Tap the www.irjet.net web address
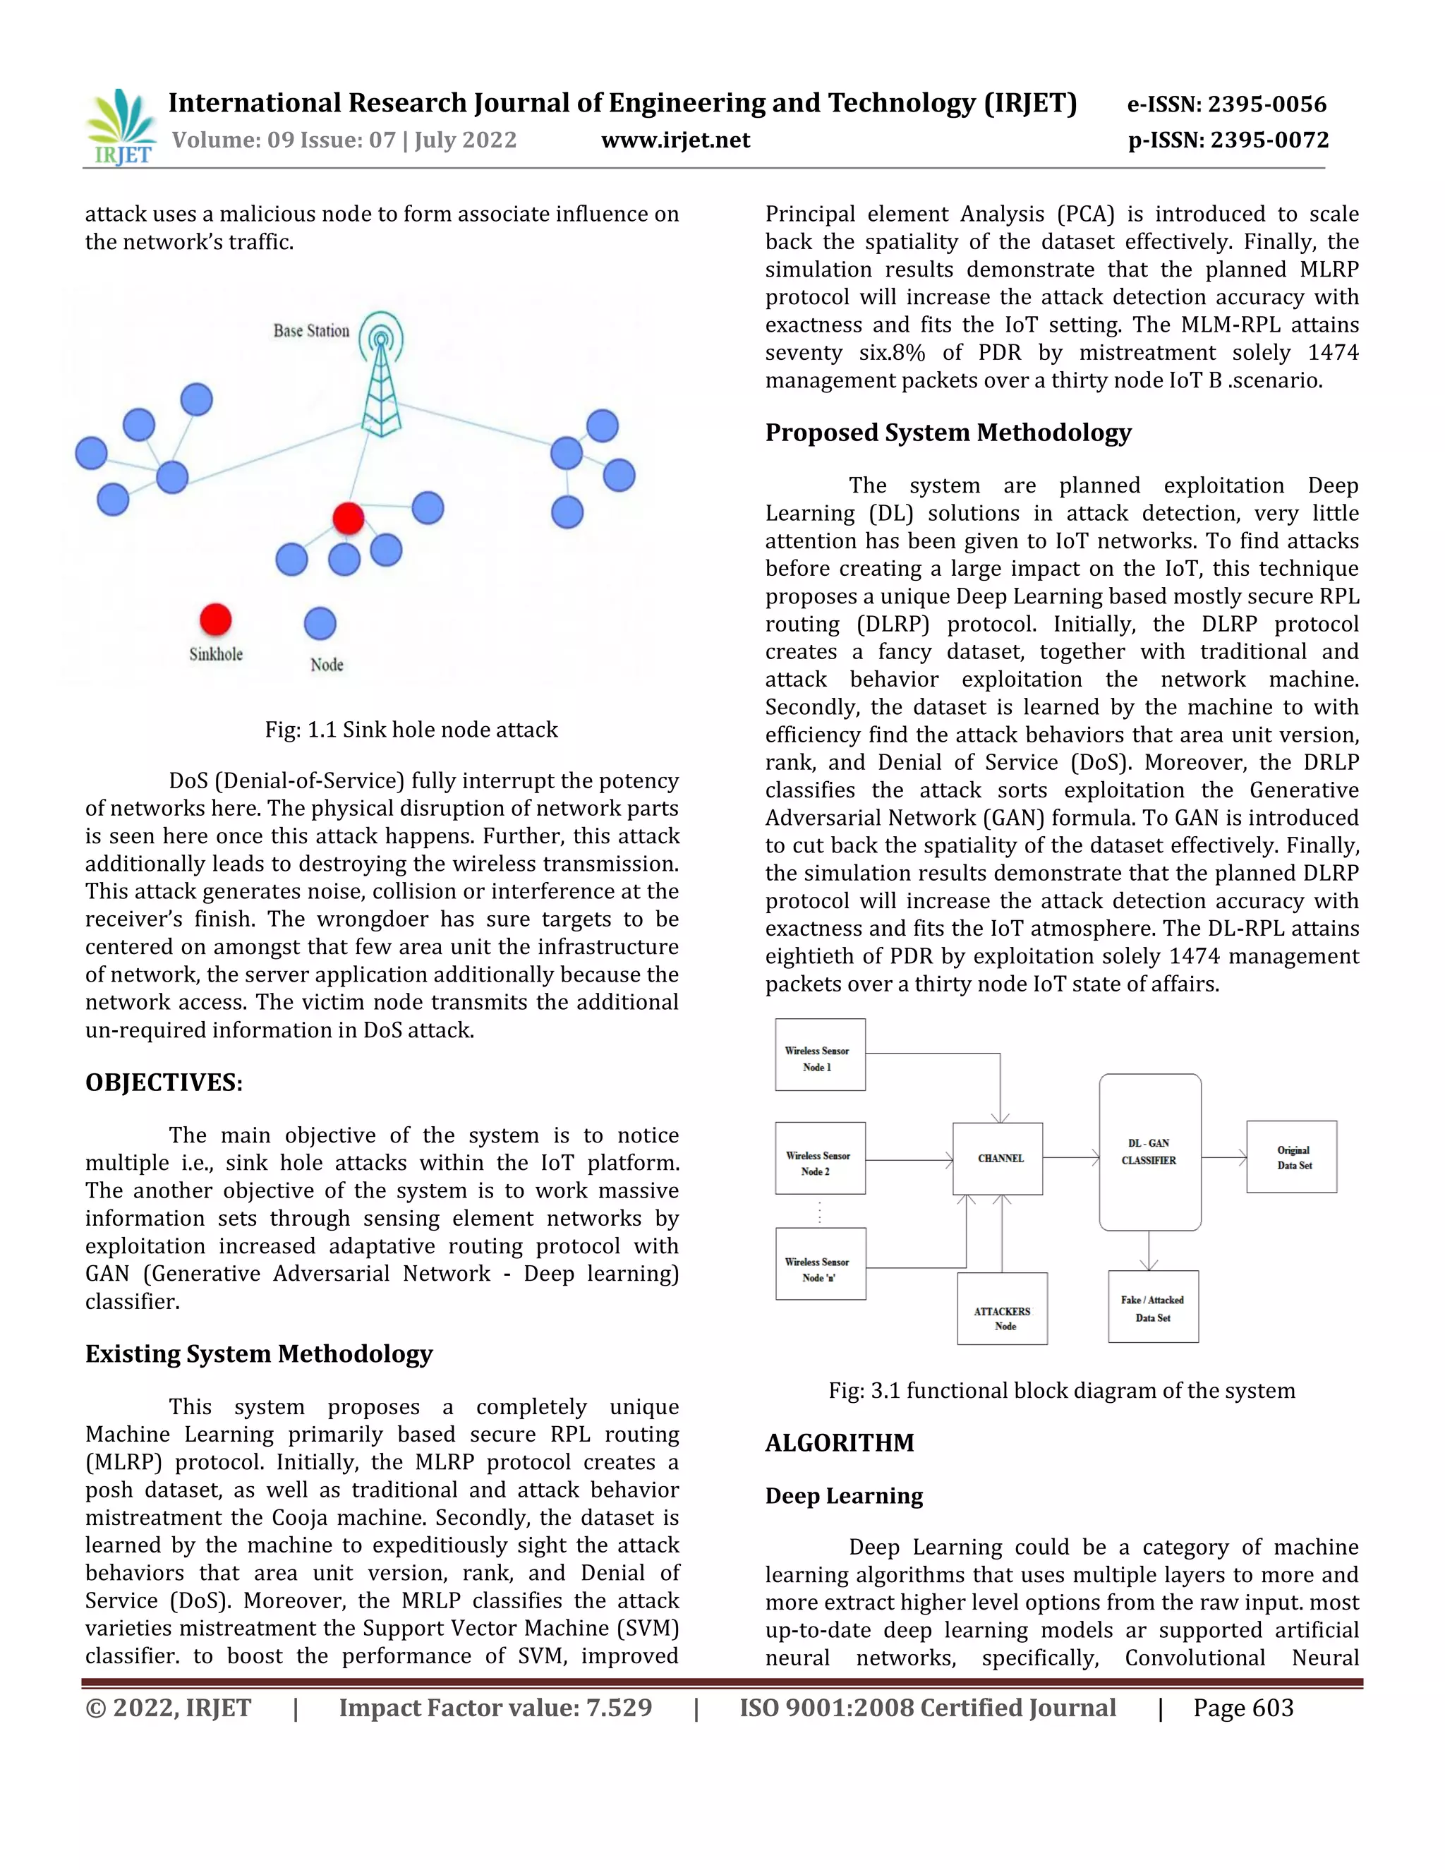click(x=675, y=140)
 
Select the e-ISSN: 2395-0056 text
click(x=1227, y=104)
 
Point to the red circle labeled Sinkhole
click(x=216, y=619)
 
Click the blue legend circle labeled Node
click(x=320, y=623)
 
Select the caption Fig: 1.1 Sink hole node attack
click(x=411, y=730)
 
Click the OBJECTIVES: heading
click(x=164, y=1082)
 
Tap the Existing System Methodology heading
click(x=258, y=1353)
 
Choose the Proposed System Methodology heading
click(x=948, y=433)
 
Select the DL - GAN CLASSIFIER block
click(x=1149, y=1152)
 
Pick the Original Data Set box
click(x=1292, y=1157)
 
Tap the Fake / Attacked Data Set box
click(x=1152, y=1308)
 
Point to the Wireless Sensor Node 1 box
click(x=819, y=1055)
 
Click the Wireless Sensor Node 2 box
click(x=819, y=1159)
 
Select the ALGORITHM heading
click(x=839, y=1443)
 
